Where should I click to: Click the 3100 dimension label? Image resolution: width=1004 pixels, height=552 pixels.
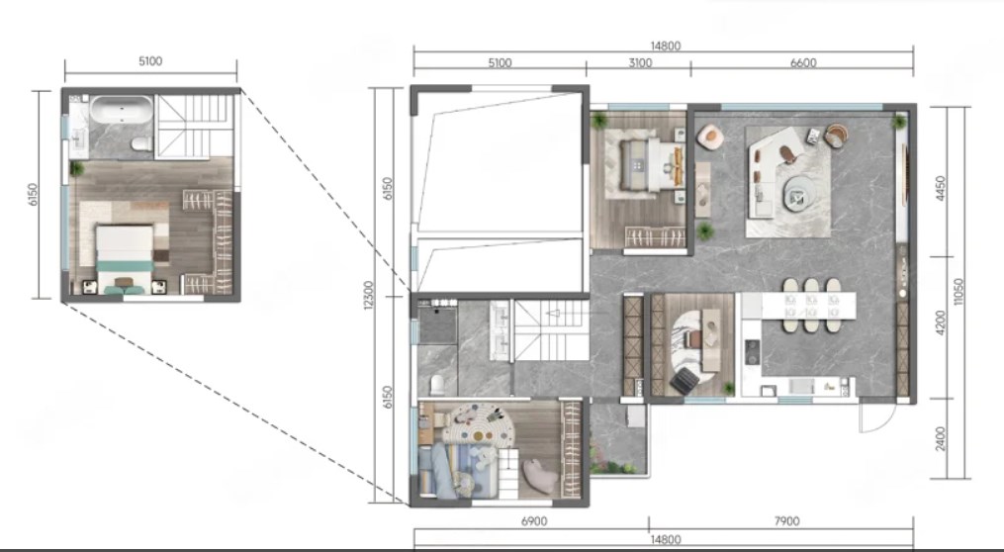coord(640,62)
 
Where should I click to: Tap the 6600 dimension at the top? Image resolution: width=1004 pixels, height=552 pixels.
coord(803,62)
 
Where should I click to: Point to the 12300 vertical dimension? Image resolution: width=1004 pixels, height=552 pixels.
coord(368,295)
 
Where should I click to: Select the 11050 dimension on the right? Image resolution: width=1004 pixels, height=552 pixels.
coord(958,292)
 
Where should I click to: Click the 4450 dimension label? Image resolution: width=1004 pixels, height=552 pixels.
coord(941,188)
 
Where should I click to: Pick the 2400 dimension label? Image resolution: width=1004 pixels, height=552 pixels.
coord(941,438)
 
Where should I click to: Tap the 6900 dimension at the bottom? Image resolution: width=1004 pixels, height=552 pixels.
coord(534,521)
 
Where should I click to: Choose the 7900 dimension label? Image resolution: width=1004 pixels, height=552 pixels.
coord(787,521)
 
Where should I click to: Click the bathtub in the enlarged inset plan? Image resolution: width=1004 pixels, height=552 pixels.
coord(122,109)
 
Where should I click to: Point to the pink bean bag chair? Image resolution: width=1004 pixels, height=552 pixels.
coord(540,477)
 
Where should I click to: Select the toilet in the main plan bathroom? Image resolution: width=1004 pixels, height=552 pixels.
coord(437,385)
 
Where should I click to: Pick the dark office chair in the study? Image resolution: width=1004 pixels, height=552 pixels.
coord(685,381)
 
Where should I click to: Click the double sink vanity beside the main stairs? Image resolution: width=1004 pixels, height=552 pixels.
coord(501,330)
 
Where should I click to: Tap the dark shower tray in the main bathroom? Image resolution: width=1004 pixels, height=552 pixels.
coord(437,324)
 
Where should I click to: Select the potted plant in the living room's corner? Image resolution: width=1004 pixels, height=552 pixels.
coord(899,121)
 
